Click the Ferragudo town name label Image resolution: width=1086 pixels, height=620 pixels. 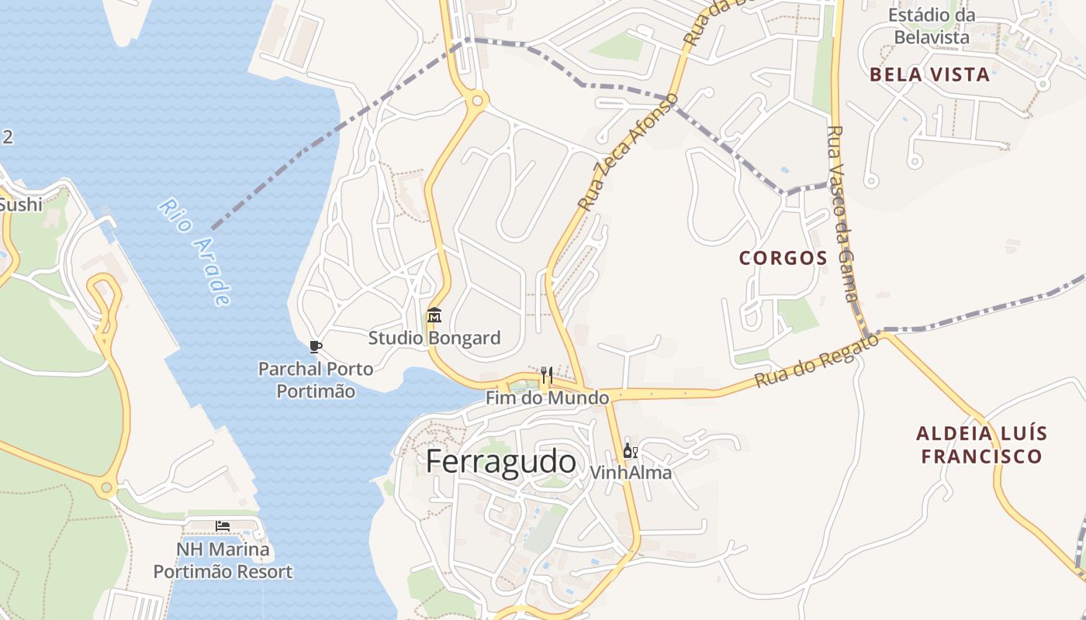coord(501,462)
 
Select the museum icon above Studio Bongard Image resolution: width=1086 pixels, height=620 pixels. coord(434,315)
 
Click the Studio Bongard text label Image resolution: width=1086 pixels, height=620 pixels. coord(434,338)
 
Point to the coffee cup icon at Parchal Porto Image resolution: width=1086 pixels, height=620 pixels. coord(315,346)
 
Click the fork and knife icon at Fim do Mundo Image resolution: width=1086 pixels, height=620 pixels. coord(547,376)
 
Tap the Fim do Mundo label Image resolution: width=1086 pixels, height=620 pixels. coord(547,398)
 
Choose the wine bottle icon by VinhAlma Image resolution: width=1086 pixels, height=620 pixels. coord(630,451)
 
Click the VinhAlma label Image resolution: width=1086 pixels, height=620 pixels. coord(631,472)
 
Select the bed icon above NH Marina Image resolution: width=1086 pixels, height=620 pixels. coord(223,526)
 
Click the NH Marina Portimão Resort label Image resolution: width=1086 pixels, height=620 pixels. coord(223,561)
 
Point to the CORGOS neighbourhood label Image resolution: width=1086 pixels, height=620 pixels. coord(783,258)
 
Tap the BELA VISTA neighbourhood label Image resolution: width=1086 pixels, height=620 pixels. coord(929,75)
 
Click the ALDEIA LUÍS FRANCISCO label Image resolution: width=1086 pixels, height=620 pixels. coord(982,445)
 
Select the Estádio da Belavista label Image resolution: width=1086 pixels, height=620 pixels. coord(932,26)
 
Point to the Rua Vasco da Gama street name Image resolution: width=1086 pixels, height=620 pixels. coord(842,215)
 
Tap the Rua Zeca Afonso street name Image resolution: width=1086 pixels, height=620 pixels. coord(629,152)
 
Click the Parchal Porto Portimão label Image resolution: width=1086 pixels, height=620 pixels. coord(316,380)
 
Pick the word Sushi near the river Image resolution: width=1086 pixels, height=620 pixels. coord(21,205)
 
